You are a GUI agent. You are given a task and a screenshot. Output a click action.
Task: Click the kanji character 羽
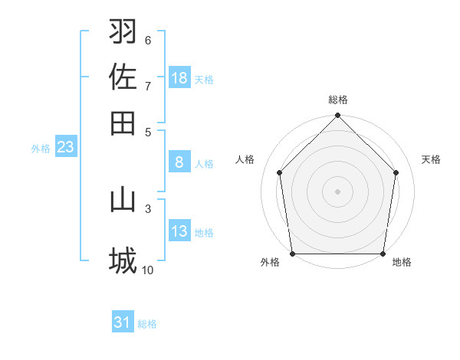[123, 32]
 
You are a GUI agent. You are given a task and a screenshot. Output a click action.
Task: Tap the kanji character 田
[123, 123]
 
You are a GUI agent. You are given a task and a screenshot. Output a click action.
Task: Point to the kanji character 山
[123, 200]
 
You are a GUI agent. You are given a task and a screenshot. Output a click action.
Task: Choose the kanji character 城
[123, 261]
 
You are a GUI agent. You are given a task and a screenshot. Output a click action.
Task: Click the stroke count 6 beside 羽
[148, 41]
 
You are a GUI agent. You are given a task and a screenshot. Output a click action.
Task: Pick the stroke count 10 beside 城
[148, 270]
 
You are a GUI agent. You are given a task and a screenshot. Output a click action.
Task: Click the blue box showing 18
[179, 78]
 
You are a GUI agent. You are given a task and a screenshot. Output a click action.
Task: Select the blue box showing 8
[179, 162]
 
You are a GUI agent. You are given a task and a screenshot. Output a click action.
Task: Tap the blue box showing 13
[179, 231]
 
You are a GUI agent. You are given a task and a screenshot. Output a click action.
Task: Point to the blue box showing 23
[64, 148]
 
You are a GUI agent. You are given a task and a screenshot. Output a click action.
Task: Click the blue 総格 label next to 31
[147, 324]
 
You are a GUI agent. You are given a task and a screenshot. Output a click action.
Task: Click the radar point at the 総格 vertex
[337, 116]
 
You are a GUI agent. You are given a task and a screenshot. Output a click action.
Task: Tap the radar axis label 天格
[431, 159]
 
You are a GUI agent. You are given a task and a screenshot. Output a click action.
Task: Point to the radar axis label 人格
[245, 159]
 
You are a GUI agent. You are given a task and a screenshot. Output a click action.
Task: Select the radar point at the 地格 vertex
[383, 254]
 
